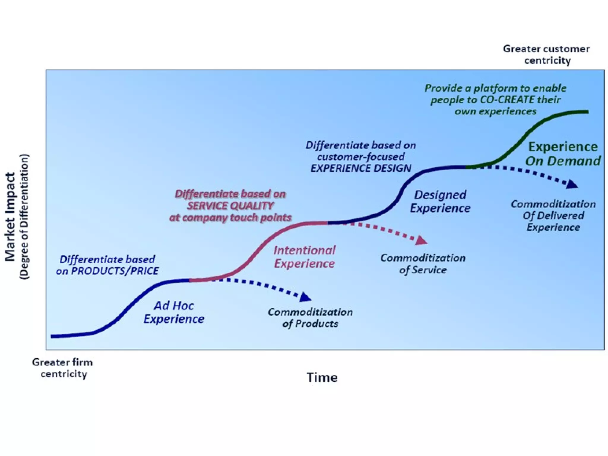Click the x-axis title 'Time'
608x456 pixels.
coord(322,377)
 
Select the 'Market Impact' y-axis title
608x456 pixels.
coord(10,217)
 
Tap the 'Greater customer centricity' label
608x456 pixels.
coord(546,55)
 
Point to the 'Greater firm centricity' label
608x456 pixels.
coord(63,368)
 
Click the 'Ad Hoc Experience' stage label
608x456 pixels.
coord(174,312)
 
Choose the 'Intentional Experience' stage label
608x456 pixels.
coord(304,257)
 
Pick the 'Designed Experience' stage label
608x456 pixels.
coord(440,201)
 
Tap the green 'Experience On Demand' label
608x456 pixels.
coord(563,154)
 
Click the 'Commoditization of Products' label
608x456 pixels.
coord(310,318)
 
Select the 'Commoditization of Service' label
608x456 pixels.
coord(423,264)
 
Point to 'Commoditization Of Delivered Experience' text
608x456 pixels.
coord(553,216)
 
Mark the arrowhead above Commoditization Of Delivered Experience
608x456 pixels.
coord(572,185)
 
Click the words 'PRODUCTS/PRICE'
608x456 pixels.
coord(115,271)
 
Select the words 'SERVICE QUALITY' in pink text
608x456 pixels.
coord(230,205)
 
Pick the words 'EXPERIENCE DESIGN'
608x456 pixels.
coord(361,168)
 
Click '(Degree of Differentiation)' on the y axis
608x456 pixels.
coord(24,217)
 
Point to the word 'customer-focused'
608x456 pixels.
coord(361,157)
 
